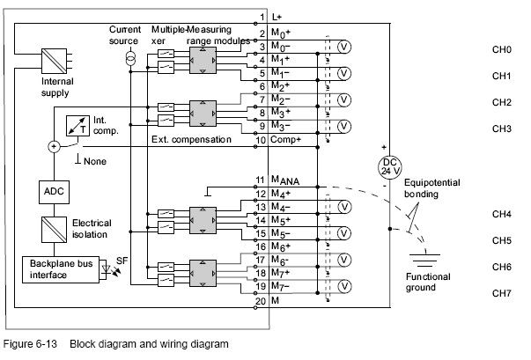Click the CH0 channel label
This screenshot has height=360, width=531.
[502, 50]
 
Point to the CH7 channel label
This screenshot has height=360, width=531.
[502, 293]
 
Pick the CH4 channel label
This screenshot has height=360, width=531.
[502, 214]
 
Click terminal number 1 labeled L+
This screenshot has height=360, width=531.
[262, 17]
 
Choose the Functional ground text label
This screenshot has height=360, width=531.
[428, 282]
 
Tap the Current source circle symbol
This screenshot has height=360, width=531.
[129, 58]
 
